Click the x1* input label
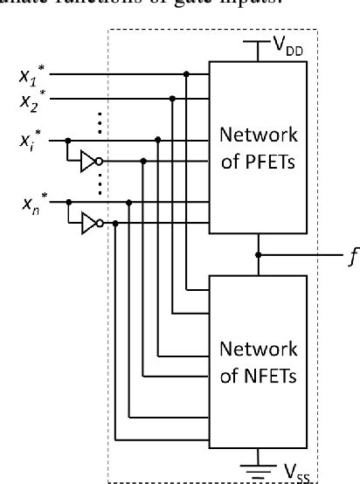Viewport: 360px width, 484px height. [32, 76]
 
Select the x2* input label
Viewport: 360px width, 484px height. [32, 100]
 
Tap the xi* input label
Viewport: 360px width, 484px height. [31, 139]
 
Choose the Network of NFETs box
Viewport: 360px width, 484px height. [258, 364]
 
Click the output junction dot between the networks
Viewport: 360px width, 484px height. [258, 255]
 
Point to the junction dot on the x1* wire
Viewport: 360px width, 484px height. [186, 75]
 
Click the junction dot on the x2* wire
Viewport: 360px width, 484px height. [172, 100]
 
